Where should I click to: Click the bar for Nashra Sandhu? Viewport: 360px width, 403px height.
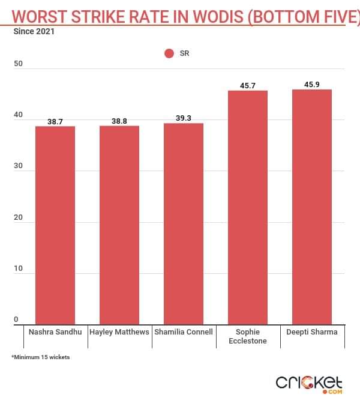click(x=55, y=225)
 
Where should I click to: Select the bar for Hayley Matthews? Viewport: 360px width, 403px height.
click(x=119, y=225)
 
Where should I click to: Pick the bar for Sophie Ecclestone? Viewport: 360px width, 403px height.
click(x=248, y=207)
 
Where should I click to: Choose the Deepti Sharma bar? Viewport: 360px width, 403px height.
click(x=312, y=207)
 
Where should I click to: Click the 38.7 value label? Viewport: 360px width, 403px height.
click(x=55, y=121)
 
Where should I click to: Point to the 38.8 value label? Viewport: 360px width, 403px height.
click(x=119, y=121)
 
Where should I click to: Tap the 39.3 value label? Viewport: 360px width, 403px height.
click(x=184, y=118)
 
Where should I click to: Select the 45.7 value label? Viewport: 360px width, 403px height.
click(x=248, y=86)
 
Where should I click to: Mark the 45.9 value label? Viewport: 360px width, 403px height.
click(x=312, y=85)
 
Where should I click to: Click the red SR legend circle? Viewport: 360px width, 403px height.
click(x=169, y=53)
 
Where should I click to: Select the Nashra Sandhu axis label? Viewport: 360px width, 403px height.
click(x=55, y=332)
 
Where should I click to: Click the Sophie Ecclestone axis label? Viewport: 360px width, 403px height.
click(x=248, y=336)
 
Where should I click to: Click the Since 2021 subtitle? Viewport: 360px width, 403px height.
click(x=34, y=32)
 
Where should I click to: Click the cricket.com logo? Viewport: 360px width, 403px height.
click(x=309, y=383)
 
